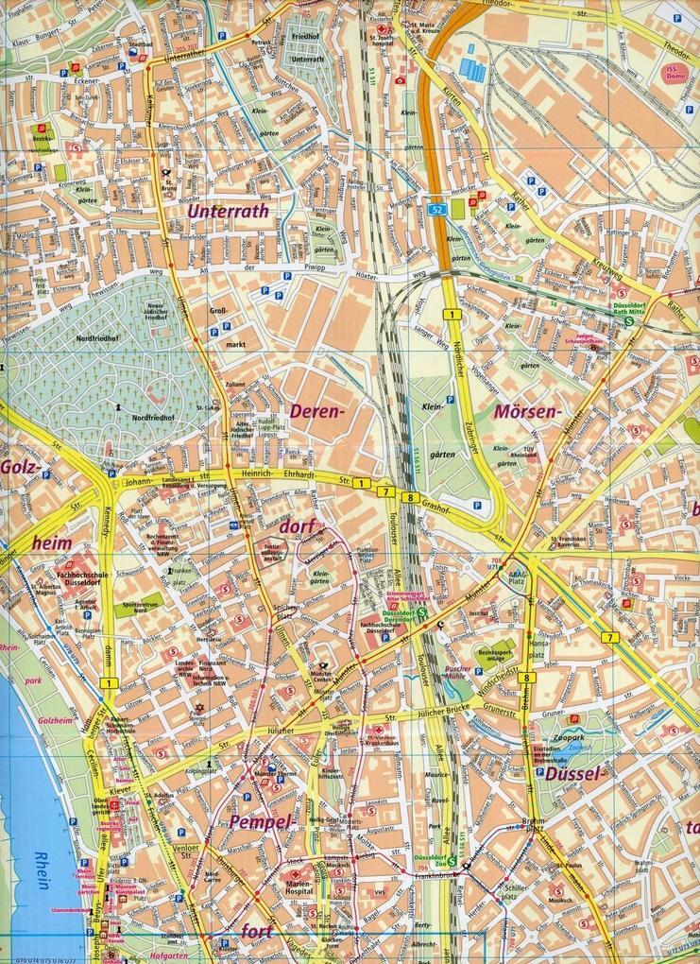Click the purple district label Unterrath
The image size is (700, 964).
[229, 212]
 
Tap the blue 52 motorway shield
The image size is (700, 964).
[436, 206]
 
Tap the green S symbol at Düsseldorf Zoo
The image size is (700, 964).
[452, 860]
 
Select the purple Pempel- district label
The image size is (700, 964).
[256, 821]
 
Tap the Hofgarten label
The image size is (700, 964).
[150, 956]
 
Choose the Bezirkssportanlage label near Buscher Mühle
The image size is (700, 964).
[493, 652]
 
